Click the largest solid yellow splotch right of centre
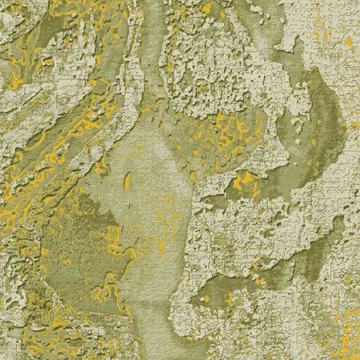point(244,183)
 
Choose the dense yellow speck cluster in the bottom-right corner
point(343,329)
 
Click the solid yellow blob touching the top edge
point(207,7)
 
